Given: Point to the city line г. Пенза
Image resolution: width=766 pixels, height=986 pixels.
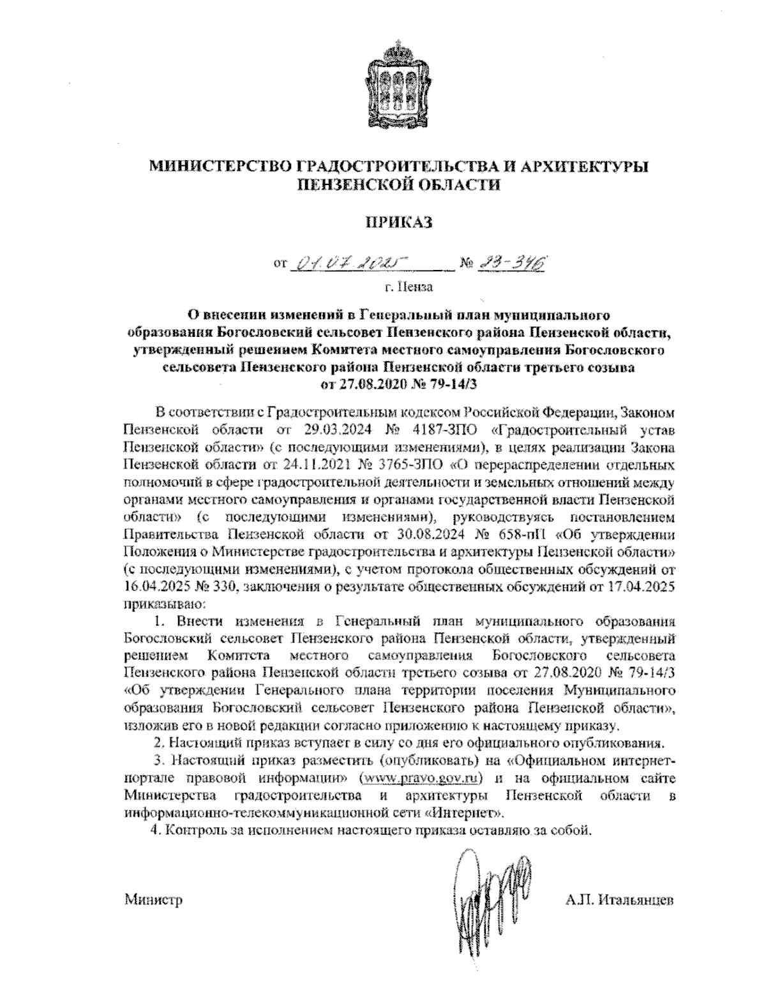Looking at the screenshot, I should (x=409, y=287).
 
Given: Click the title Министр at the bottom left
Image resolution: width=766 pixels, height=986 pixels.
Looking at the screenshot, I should (x=153, y=900).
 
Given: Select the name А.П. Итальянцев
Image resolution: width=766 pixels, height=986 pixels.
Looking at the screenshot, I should (x=618, y=900).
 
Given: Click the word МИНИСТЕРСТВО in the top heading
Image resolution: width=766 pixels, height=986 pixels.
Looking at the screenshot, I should (x=220, y=167).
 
